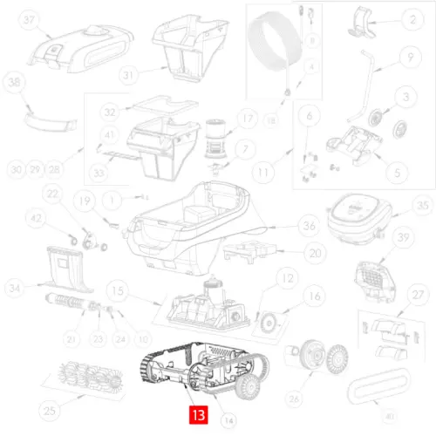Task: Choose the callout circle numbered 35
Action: pos(422,206)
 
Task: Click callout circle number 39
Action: pos(402,238)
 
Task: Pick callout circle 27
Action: pos(419,296)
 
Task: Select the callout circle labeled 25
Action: pos(51,410)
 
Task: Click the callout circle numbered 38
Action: pos(14,84)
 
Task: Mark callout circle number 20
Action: pos(290,253)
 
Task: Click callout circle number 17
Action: pos(246,119)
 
